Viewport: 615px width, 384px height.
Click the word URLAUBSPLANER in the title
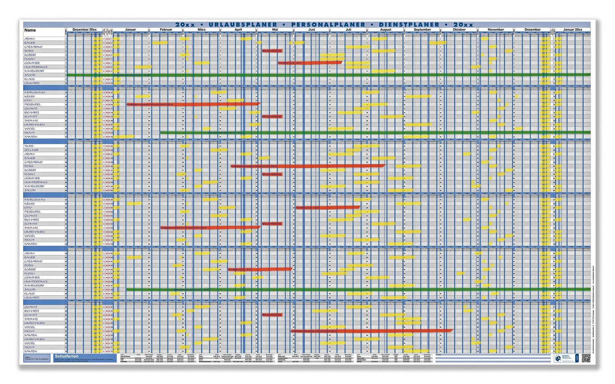coord(243,25)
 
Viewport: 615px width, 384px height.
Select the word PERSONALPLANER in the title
coord(328,25)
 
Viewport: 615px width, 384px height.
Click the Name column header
coord(30,30)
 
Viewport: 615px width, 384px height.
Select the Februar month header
coord(166,30)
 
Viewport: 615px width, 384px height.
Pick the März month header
coord(201,30)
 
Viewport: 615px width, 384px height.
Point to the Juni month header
coord(312,30)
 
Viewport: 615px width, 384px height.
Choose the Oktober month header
coord(459,30)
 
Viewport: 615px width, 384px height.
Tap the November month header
coord(496,30)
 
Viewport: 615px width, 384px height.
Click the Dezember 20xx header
coord(84,30)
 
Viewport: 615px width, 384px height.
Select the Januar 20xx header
coord(572,30)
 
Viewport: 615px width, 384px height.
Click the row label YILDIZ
coord(29,146)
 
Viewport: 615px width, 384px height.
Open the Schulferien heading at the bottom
coord(66,356)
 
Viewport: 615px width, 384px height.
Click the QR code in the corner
coord(585,357)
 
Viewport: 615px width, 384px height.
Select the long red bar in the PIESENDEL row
coord(193,104)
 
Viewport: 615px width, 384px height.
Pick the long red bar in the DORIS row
coord(307,166)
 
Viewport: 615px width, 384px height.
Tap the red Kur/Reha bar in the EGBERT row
coord(260,269)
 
